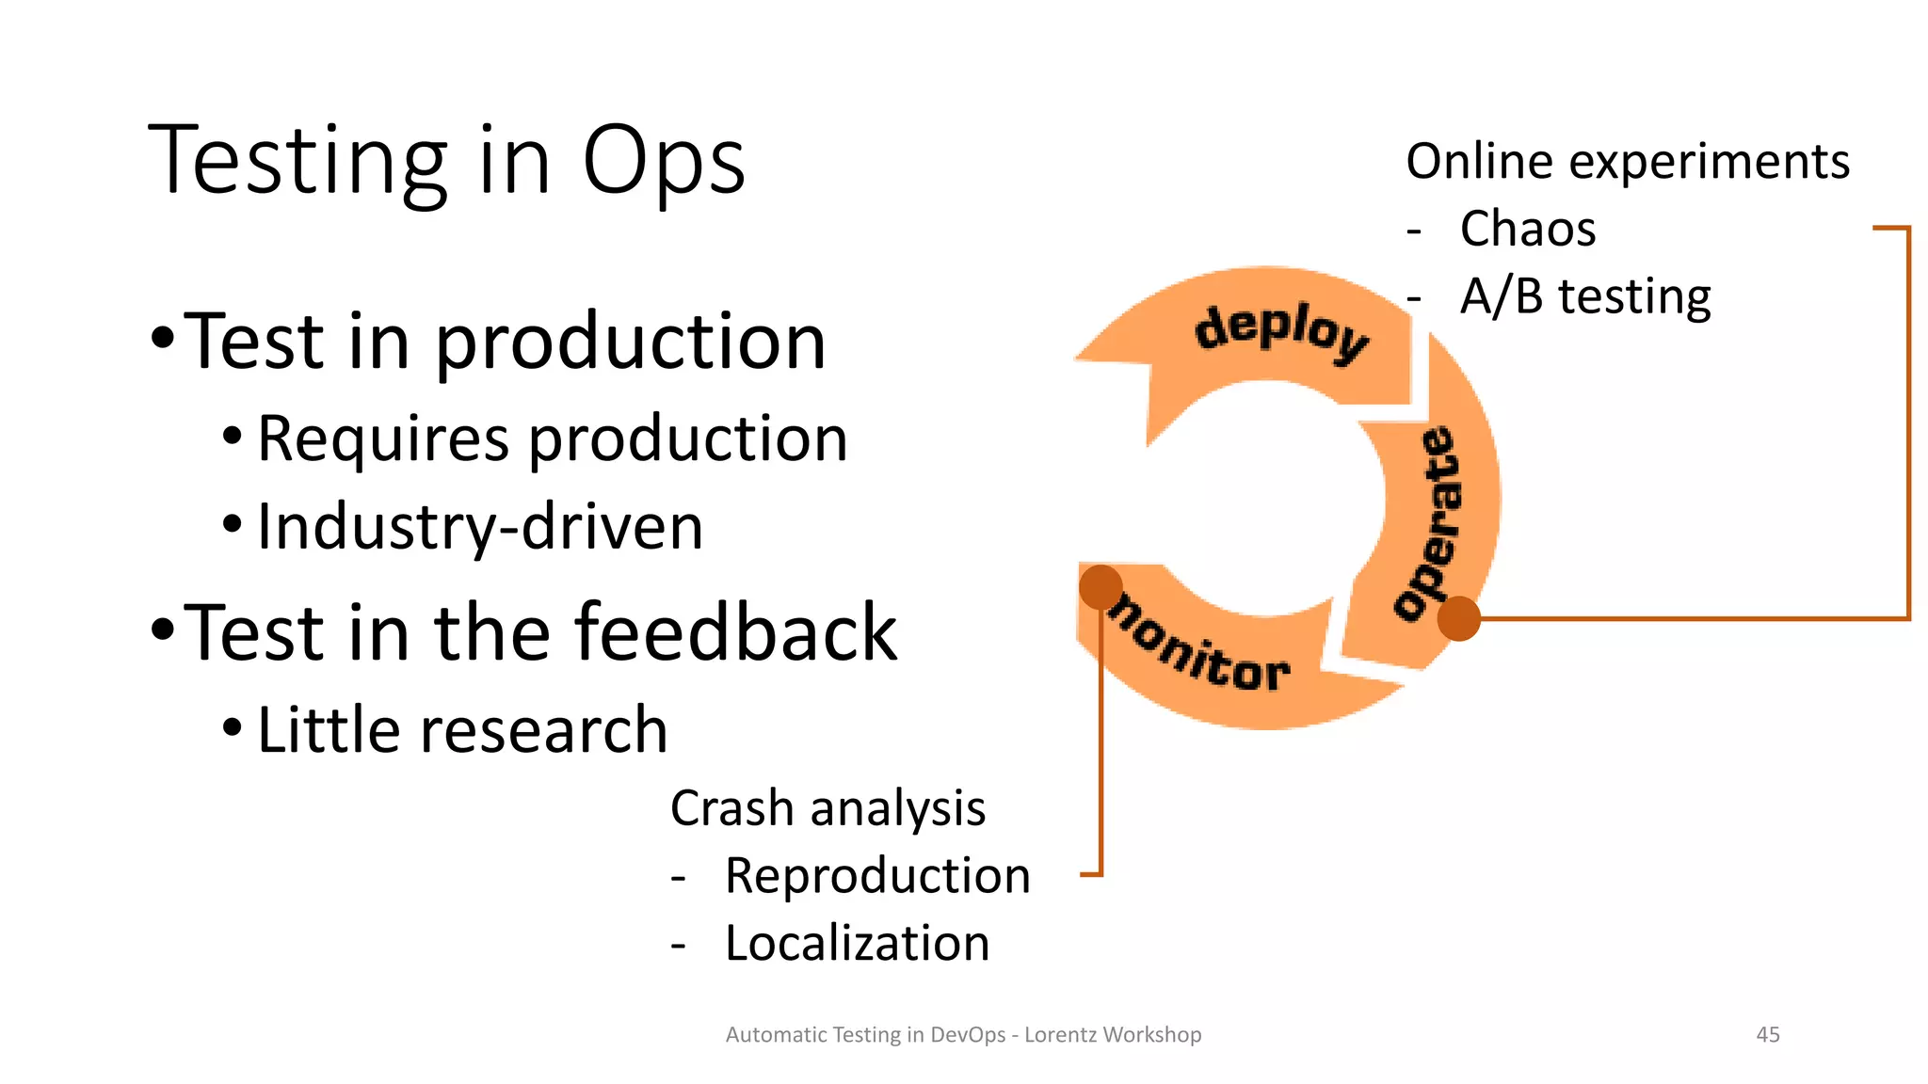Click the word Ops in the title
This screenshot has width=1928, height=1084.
click(664, 162)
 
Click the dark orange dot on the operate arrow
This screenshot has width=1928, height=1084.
click(1458, 618)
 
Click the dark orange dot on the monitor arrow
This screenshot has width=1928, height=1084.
click(1101, 587)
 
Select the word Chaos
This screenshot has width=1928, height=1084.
click(1527, 229)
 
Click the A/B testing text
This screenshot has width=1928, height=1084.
click(1585, 296)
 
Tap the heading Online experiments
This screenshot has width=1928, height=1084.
click(1627, 161)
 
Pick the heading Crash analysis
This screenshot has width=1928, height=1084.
click(827, 808)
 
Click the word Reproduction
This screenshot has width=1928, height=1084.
click(877, 876)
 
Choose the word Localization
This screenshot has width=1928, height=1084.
click(857, 943)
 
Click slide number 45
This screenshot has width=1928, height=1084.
click(1767, 1034)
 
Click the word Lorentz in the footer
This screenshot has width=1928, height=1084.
click(1060, 1034)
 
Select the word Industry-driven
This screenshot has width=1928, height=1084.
click(480, 527)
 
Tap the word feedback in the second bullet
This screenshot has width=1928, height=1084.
click(736, 632)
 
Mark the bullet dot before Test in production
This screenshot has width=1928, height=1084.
click(163, 337)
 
